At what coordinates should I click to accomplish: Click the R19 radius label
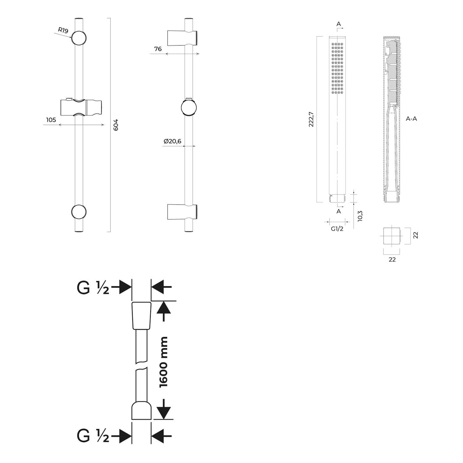[63, 30]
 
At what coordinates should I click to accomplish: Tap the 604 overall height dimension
[116, 125]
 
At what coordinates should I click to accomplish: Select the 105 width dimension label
[51, 120]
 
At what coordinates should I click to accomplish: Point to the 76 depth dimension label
[158, 49]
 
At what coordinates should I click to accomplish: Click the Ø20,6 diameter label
[173, 141]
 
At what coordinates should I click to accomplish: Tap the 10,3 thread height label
[360, 216]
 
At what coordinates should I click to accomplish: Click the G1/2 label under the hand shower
[337, 229]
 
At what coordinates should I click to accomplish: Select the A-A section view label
[411, 119]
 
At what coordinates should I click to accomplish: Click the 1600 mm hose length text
[163, 362]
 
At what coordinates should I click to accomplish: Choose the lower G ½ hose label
[93, 436]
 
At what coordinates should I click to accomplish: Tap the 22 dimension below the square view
[392, 260]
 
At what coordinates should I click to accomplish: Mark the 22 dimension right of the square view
[415, 235]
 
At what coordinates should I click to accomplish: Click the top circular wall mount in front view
[79, 39]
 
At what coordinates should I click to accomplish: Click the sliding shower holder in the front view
[81, 107]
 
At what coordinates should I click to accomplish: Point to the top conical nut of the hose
[141, 315]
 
